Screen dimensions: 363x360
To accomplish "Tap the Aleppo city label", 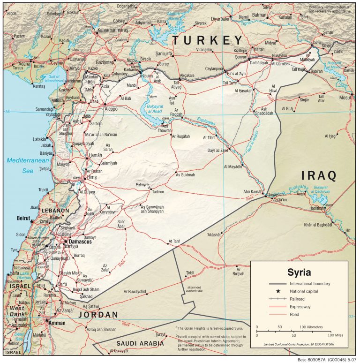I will [111, 108].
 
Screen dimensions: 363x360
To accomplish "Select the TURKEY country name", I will [208, 40].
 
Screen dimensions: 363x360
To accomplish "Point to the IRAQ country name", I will [318, 176].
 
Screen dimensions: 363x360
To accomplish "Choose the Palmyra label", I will [142, 184].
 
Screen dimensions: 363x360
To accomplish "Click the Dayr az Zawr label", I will [217, 151].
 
